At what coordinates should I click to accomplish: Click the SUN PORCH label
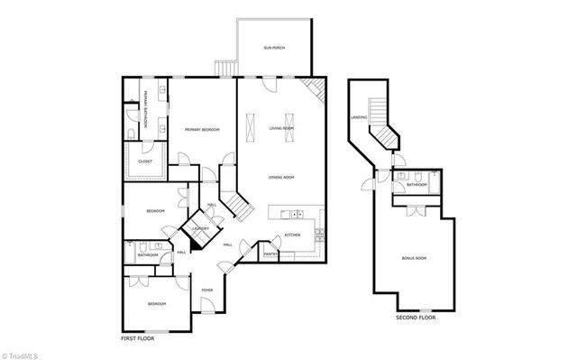tap(274, 47)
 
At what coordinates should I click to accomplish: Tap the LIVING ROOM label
tap(281, 129)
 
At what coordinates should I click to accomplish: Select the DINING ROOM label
tap(282, 177)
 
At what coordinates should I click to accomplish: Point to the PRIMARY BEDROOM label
tap(203, 131)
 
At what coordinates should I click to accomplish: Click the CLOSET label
tap(145, 162)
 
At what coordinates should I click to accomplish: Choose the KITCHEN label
tap(292, 235)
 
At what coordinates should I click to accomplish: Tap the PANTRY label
tap(270, 254)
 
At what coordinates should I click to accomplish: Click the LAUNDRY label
tap(200, 229)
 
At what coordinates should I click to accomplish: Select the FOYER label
tap(207, 290)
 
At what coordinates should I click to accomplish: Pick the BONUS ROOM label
tap(414, 259)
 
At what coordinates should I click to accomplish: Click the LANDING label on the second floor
tap(358, 118)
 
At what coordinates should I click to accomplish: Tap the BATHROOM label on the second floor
tap(416, 185)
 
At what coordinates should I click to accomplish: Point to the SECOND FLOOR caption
tap(416, 318)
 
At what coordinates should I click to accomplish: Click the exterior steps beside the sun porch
tap(224, 69)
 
